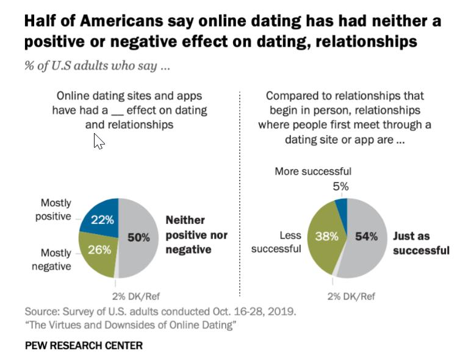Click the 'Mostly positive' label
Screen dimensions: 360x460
56,209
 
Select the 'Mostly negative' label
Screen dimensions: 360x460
56,259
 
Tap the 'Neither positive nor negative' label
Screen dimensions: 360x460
196,234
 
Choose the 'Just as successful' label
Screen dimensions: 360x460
421,242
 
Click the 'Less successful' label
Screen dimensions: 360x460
276,242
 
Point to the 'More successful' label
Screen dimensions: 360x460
313,171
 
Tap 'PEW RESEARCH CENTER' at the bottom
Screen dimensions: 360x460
84,345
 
